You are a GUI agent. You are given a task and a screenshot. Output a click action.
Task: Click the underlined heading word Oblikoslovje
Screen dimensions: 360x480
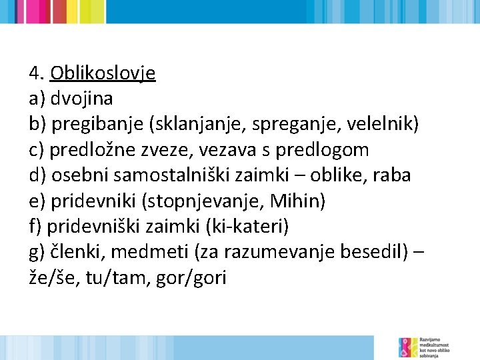pos(103,73)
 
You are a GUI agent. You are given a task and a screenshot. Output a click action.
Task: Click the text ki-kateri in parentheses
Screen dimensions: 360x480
pos(248,227)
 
